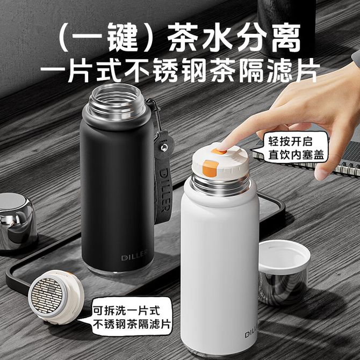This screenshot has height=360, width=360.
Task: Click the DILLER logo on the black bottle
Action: point(134,257)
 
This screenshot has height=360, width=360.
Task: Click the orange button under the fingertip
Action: point(219,151)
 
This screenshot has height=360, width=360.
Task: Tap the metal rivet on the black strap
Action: point(164,147)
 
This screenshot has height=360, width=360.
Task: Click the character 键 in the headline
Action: point(123,37)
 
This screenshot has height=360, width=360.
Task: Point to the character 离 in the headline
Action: point(286,37)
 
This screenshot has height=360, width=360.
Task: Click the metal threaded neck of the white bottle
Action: point(220,185)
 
